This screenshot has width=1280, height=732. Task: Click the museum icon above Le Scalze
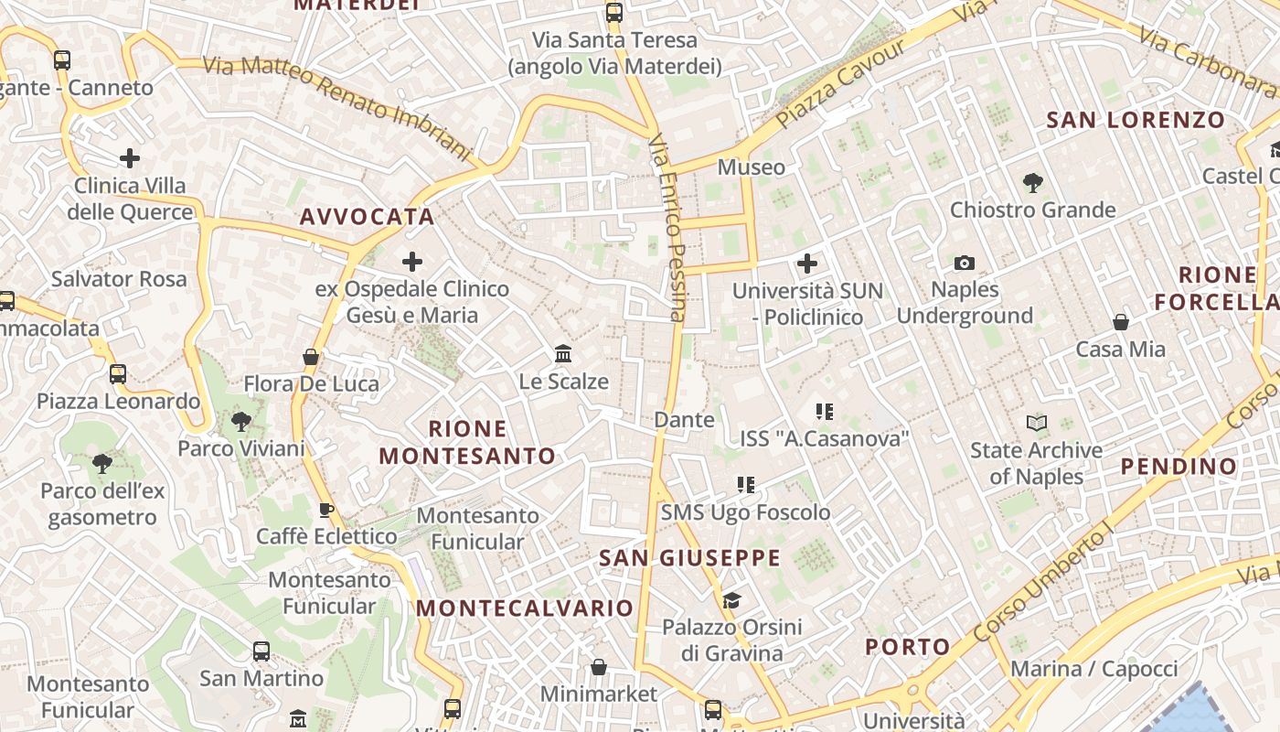pos(563,354)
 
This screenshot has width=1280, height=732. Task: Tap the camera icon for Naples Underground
pos(964,264)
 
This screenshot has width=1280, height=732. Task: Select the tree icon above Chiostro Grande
pos(1032,183)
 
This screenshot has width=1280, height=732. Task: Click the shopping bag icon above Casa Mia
pos(1120,322)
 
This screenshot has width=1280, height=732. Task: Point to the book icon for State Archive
pos(1036,423)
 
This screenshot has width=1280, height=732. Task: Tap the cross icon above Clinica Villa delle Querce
pos(130,158)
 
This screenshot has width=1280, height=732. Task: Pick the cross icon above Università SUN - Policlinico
pos(806,264)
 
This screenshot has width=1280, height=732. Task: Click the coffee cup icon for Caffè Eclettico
pos(325,510)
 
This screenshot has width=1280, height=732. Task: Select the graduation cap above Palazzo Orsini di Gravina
pos(731,600)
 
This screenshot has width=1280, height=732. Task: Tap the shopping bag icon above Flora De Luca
pos(311,357)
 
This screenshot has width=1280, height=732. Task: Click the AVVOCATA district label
pos(368,217)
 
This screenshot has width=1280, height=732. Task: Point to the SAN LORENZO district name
pos(1136,120)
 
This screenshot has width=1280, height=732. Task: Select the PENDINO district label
pos(1179,467)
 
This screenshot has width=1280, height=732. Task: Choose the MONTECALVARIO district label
pos(525,608)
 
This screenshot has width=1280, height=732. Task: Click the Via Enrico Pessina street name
pos(667,228)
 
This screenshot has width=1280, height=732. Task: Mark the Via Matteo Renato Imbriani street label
pos(336,104)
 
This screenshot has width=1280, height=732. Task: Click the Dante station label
pos(684,420)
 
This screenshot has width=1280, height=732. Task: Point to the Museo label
pos(752,167)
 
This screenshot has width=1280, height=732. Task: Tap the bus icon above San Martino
pos(261,651)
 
